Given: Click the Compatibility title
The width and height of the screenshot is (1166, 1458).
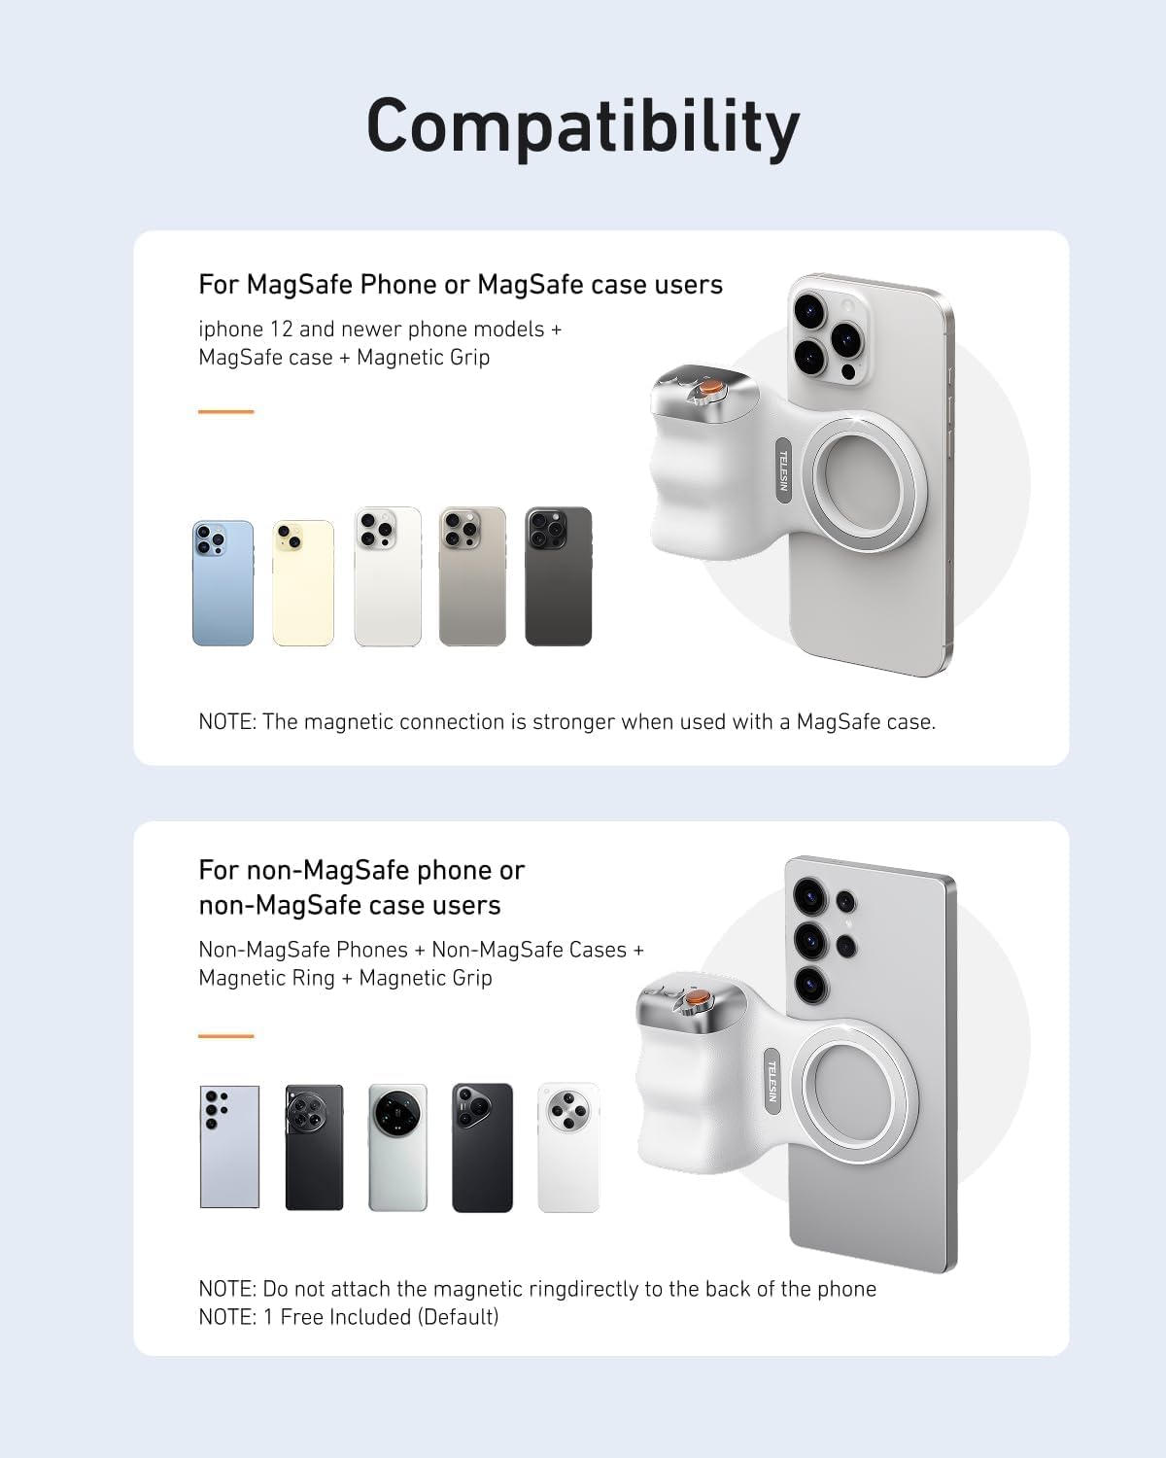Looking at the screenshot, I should [x=582, y=126].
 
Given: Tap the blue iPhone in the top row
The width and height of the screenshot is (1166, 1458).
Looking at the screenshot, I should [x=223, y=583].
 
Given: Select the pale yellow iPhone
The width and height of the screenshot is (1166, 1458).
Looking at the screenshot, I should [x=303, y=583].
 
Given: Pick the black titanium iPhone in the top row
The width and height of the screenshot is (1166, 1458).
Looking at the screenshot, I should [x=559, y=576].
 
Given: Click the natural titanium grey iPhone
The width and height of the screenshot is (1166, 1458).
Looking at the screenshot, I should [x=472, y=576].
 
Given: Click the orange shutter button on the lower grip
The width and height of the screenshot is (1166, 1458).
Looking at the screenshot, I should [x=696, y=999].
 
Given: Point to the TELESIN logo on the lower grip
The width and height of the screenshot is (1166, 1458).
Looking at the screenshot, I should [x=772, y=1081].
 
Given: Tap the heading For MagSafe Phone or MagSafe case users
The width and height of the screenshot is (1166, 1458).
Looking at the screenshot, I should [x=460, y=285].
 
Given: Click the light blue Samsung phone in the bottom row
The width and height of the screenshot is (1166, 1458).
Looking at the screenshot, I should [x=229, y=1147].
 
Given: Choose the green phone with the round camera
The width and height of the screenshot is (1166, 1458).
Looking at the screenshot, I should [x=397, y=1147].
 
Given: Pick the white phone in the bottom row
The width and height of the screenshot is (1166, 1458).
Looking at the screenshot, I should [x=568, y=1147].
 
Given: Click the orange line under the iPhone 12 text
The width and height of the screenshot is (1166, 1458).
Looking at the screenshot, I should [x=225, y=412].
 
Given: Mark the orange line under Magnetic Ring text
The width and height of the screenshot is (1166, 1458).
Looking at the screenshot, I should [x=225, y=1036].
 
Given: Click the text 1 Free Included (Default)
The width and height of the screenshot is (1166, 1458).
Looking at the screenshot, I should [x=380, y=1317].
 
